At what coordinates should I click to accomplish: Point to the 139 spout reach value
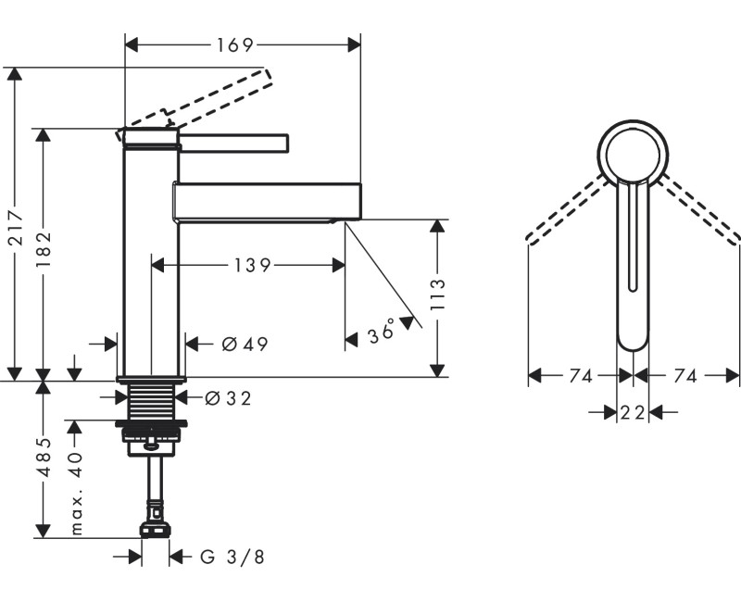(251, 266)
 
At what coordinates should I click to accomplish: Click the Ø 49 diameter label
(245, 345)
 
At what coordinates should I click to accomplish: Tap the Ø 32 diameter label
(227, 399)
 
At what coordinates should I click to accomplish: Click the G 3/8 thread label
(232, 557)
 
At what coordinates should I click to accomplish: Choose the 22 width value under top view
(633, 413)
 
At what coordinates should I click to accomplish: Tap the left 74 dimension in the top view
(581, 376)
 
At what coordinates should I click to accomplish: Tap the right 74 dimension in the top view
(685, 376)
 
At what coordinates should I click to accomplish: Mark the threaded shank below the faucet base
(152, 402)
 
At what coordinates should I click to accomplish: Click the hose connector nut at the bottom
(155, 529)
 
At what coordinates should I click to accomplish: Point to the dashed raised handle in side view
(218, 95)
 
